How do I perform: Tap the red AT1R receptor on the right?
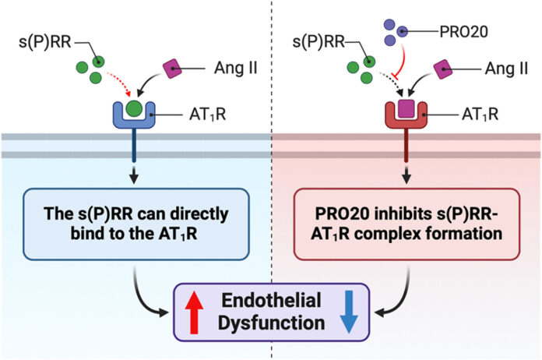click(405, 116)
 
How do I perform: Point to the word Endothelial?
click(270, 302)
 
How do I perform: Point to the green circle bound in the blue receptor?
click(134, 106)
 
